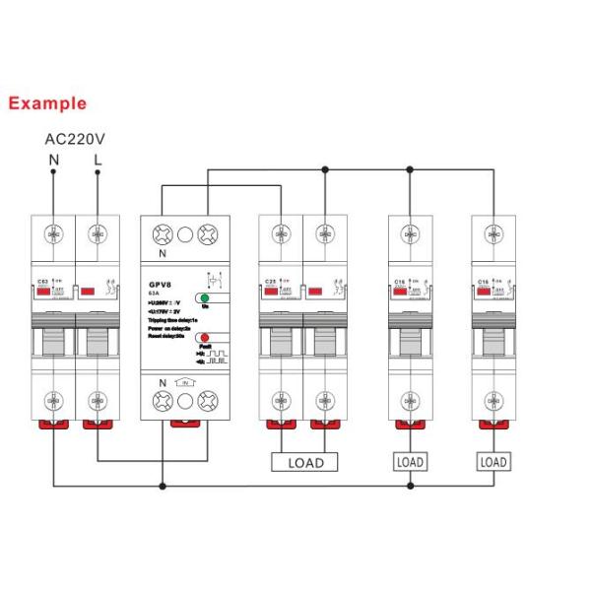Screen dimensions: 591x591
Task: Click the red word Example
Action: pyautogui.click(x=46, y=102)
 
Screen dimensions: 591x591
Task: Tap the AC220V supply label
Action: pyautogui.click(x=75, y=138)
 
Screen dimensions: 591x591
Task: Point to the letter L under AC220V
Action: pyautogui.click(x=97, y=159)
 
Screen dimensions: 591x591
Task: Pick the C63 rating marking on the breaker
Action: pyautogui.click(x=41, y=281)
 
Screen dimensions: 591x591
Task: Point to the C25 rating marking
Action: pyautogui.click(x=269, y=281)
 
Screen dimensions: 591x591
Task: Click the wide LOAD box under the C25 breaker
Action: pyautogui.click(x=304, y=461)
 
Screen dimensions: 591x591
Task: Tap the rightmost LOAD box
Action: pyautogui.click(x=492, y=461)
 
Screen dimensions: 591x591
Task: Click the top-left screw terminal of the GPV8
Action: pyautogui.click(x=163, y=235)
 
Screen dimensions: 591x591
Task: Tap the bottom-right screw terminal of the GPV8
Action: pyautogui.click(x=208, y=401)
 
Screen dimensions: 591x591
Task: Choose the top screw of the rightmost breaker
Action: pyautogui.click(x=492, y=234)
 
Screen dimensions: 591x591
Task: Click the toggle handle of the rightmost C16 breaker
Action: pyautogui.click(x=492, y=344)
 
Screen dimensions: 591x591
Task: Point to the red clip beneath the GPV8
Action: pyautogui.click(x=185, y=423)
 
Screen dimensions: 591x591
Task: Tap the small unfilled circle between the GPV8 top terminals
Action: pyautogui.click(x=185, y=235)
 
